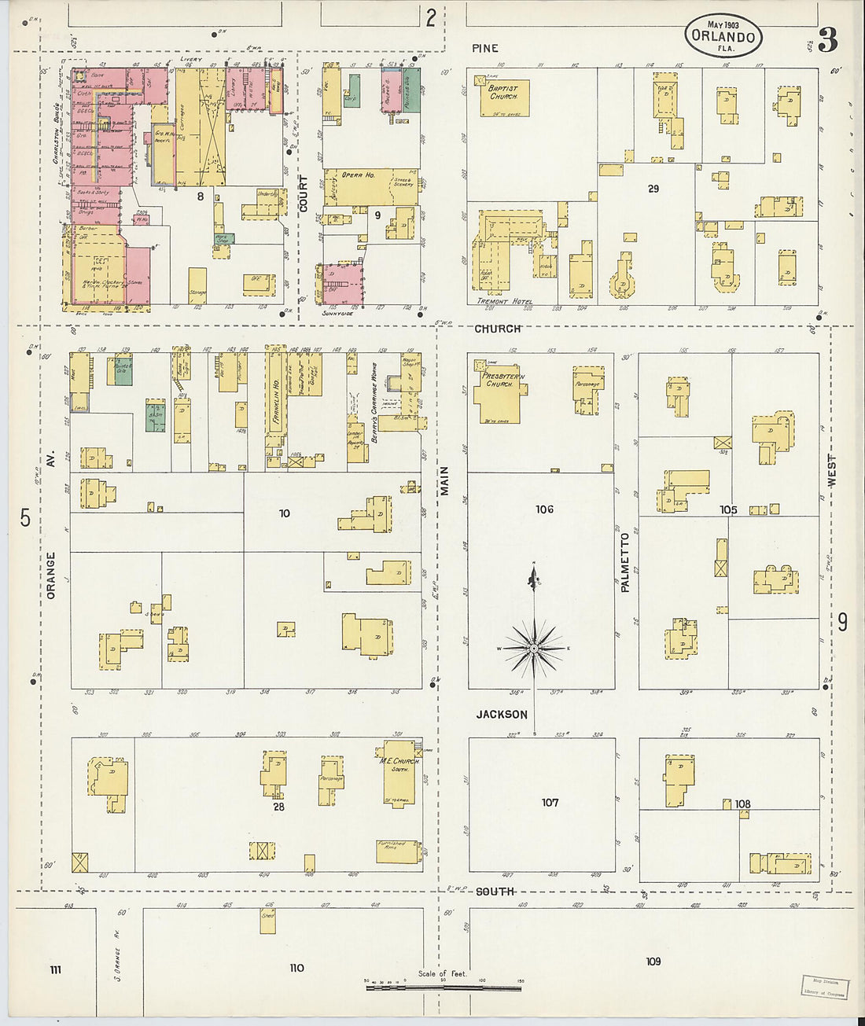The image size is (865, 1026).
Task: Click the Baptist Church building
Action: click(x=502, y=97)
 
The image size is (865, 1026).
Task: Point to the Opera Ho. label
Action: click(x=358, y=175)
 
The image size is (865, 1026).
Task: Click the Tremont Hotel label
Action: click(x=504, y=302)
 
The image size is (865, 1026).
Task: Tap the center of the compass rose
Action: click(x=534, y=649)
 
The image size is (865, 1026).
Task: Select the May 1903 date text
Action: click(x=723, y=24)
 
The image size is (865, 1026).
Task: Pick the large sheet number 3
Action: click(x=826, y=39)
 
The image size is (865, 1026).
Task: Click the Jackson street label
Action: click(x=501, y=715)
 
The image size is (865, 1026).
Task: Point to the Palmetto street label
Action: click(x=625, y=561)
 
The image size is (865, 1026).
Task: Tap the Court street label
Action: click(x=304, y=193)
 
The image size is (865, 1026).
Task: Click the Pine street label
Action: click(x=484, y=48)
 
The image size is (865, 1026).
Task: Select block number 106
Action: click(x=544, y=509)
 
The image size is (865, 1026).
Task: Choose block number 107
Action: click(x=550, y=803)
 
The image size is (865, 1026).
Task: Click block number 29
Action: click(x=653, y=189)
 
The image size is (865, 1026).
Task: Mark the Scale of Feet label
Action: click(x=442, y=974)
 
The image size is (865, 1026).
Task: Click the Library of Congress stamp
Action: click(x=825, y=987)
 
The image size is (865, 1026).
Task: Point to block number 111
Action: click(x=55, y=970)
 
